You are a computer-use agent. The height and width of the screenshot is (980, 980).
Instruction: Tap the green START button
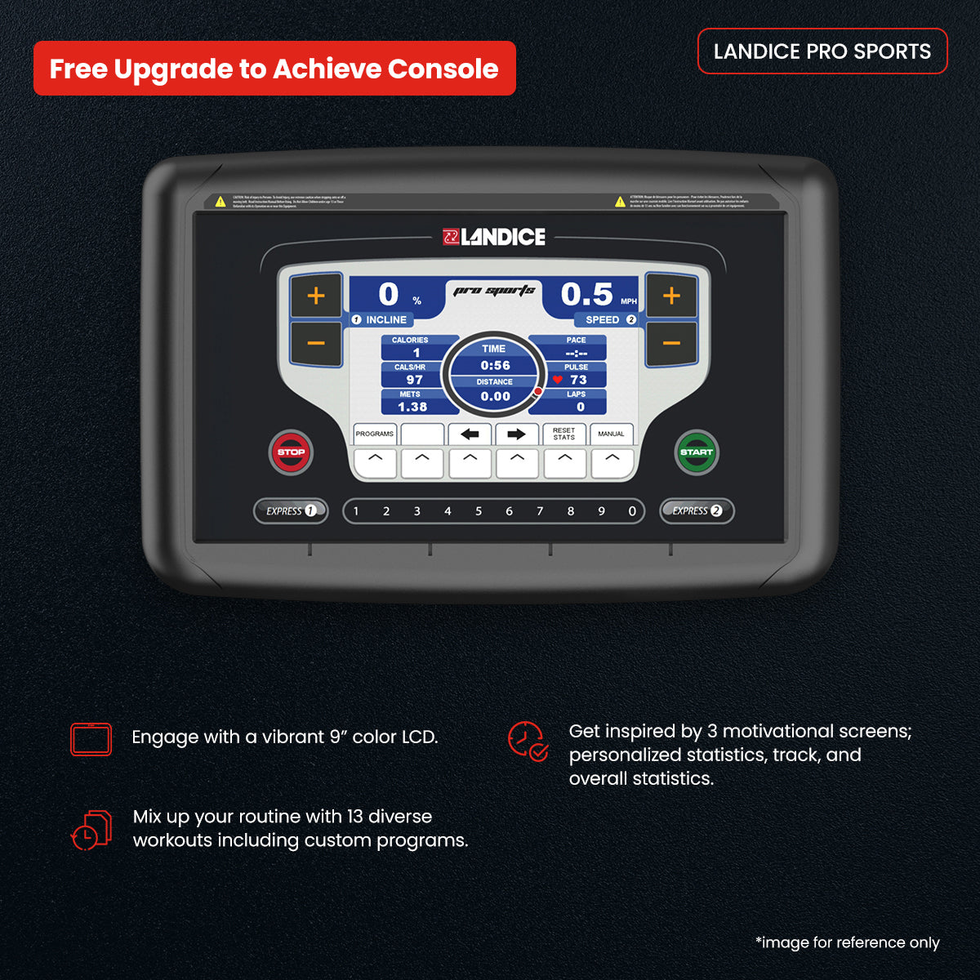696,452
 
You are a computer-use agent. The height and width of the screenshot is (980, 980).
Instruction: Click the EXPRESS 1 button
291,511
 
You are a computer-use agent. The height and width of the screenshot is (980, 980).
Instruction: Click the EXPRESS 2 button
697,511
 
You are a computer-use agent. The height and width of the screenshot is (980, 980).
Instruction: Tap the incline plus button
316,296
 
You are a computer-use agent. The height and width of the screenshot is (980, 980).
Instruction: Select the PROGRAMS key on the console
375,434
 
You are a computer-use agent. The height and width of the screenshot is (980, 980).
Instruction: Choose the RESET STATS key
563,434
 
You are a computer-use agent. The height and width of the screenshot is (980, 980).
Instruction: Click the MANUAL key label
611,434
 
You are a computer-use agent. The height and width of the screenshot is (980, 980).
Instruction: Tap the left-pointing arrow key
470,434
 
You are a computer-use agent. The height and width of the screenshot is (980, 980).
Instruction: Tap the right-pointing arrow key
516,434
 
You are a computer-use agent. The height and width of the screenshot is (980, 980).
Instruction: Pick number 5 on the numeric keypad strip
479,511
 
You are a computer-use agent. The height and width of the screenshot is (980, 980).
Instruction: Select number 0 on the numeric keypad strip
632,511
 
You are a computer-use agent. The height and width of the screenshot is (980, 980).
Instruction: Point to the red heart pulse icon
558,380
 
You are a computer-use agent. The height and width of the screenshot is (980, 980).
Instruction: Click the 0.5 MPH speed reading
587,295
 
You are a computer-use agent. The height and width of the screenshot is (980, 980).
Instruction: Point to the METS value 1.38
412,407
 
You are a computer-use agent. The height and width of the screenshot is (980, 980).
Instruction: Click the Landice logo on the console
494,237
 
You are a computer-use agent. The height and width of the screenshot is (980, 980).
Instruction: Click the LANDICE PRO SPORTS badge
822,51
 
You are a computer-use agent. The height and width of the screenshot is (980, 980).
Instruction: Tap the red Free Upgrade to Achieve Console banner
274,69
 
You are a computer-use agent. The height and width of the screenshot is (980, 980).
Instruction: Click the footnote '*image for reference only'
848,942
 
